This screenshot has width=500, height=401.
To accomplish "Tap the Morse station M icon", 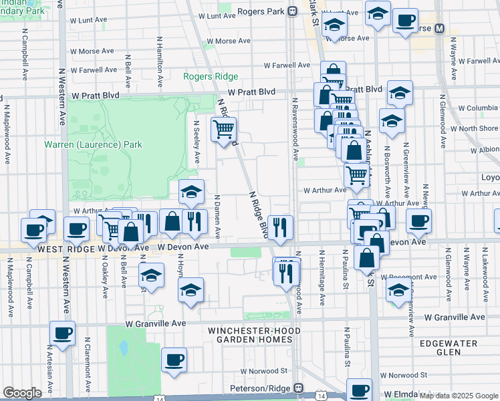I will (440, 29).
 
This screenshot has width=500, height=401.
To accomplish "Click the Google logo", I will (22, 393).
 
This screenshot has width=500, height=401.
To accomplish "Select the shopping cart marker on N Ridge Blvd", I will (223, 129).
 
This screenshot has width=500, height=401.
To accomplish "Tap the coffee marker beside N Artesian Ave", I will (63, 333).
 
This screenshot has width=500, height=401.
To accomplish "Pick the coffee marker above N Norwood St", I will (174, 360).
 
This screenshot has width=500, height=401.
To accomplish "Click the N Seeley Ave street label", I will (197, 142).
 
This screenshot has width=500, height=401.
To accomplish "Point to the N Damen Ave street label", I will (217, 216).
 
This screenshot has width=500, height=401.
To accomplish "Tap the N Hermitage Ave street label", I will (322, 277).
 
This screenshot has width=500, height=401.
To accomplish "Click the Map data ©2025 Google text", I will (459, 396).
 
